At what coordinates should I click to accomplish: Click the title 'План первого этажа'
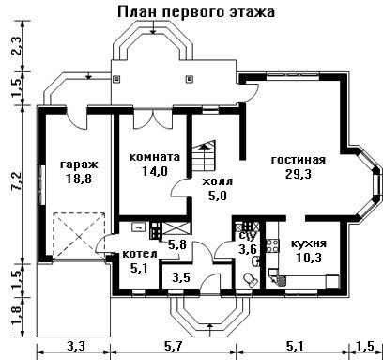196,12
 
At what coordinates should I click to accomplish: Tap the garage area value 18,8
79,179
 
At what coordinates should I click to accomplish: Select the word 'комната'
155,157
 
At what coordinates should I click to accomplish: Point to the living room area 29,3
299,174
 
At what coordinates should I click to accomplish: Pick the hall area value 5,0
217,196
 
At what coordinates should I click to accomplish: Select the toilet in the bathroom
251,279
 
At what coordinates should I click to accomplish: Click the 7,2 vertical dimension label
18,180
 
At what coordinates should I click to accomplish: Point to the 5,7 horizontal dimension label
173,346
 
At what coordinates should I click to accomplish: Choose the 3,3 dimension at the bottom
76,346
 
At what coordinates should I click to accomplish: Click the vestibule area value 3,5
181,277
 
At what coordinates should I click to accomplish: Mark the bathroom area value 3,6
248,249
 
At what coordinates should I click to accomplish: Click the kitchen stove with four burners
272,245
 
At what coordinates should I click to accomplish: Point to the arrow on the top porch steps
153,27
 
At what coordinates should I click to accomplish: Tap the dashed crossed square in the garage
79,236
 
